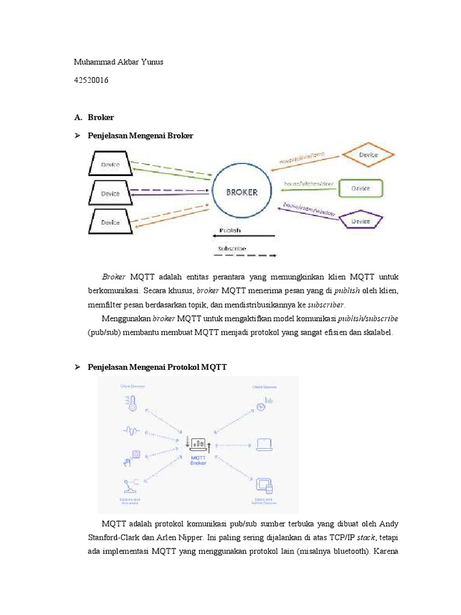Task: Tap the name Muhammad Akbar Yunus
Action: coord(118,62)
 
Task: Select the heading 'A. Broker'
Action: coord(94,117)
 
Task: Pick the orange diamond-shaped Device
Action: coord(368,156)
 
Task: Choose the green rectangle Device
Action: coord(361,188)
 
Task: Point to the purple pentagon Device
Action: coord(361,220)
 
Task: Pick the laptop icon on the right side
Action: coord(264,444)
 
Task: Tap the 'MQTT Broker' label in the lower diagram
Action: coord(197,460)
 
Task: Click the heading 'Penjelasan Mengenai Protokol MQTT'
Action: coord(157,367)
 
